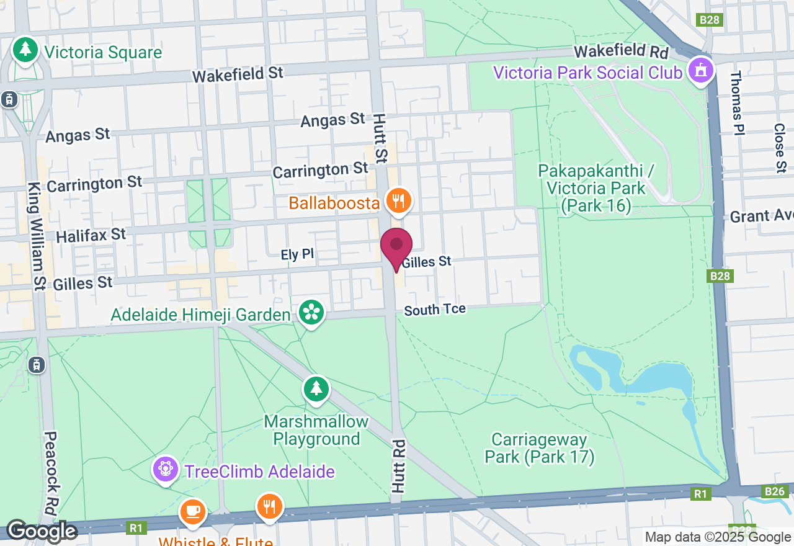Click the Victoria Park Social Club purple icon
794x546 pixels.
click(x=700, y=71)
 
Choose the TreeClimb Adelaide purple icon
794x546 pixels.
click(x=166, y=469)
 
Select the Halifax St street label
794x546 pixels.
click(x=91, y=235)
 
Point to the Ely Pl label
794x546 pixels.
click(x=298, y=254)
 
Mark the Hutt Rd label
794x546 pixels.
click(x=398, y=466)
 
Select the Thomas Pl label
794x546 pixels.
click(x=736, y=102)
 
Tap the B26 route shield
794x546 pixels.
click(x=775, y=491)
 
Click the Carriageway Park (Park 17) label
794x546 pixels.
click(x=539, y=449)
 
